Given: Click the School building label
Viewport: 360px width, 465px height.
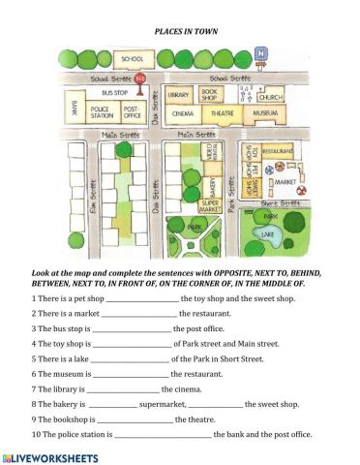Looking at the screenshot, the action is (127, 58).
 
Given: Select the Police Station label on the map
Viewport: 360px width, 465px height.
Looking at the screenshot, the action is (100, 110).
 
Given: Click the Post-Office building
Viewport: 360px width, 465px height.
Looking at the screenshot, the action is (133, 110).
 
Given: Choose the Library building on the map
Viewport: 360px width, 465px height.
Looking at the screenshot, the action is (178, 95).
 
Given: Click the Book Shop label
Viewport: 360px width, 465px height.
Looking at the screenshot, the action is (209, 94).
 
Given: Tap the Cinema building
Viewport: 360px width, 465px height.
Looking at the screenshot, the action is (181, 113).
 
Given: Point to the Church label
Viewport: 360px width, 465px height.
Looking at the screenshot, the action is (271, 97).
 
